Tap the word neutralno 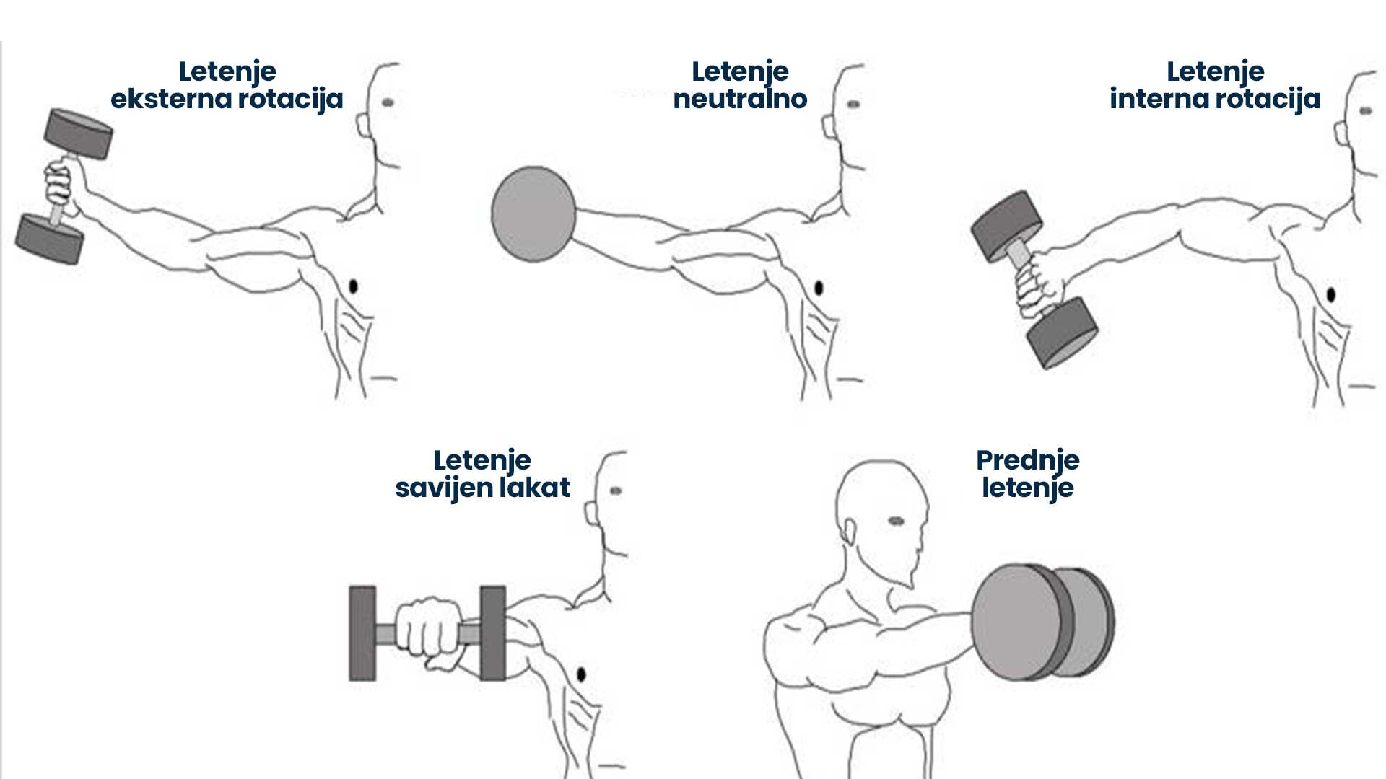click(x=740, y=99)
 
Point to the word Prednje click(x=1028, y=460)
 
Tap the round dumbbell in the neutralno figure click(x=533, y=214)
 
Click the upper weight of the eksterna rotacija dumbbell click(x=78, y=134)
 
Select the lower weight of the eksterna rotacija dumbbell click(x=49, y=239)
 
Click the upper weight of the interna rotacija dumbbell click(x=1006, y=226)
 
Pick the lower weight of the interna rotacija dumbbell click(x=1062, y=333)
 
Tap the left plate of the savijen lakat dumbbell click(x=362, y=633)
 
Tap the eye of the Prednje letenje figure click(x=896, y=521)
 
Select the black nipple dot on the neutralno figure click(x=819, y=289)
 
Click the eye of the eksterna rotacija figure click(x=388, y=102)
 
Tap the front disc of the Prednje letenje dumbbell click(x=1020, y=622)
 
